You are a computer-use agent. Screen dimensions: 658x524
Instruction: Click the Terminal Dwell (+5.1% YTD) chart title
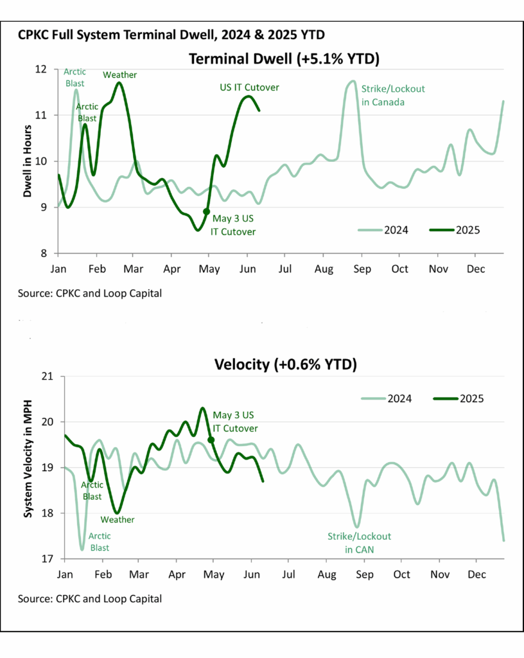(284, 59)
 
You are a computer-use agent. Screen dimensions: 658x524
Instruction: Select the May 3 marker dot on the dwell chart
(206, 211)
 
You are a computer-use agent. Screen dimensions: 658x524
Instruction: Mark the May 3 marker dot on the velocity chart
(211, 440)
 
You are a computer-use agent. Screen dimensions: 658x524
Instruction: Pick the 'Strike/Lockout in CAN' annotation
(360, 542)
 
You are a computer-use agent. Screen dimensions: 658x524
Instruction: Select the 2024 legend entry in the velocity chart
(390, 398)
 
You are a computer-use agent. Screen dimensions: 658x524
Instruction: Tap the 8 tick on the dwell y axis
(47, 253)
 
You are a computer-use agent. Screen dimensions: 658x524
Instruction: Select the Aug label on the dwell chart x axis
(324, 267)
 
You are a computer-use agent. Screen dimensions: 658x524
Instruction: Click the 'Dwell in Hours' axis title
(28, 161)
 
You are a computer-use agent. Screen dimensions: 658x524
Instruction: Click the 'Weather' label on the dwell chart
(120, 75)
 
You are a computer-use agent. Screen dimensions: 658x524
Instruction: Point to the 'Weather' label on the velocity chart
(117, 519)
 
